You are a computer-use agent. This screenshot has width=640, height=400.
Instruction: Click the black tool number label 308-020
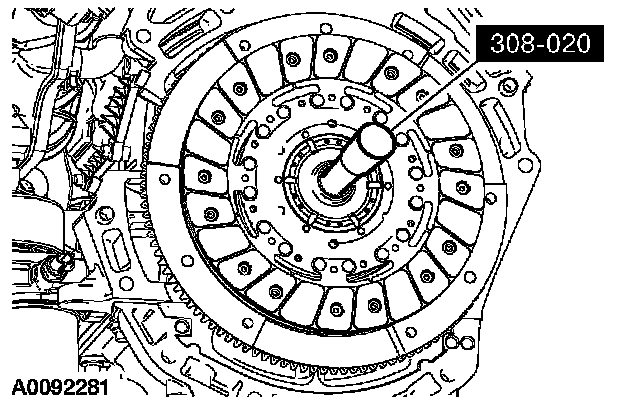[540, 43]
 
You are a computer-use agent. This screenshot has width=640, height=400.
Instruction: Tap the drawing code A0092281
[60, 387]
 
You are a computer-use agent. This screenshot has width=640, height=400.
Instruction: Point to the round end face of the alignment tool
[376, 140]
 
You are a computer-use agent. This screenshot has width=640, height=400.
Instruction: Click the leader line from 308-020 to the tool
[434, 96]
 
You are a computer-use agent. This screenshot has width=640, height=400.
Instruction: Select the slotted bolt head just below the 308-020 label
[508, 87]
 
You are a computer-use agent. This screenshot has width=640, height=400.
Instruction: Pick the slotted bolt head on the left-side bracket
[105, 214]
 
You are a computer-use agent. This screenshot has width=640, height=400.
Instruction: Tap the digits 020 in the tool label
[570, 43]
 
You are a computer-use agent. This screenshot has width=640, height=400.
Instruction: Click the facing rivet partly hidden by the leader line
[422, 96]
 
